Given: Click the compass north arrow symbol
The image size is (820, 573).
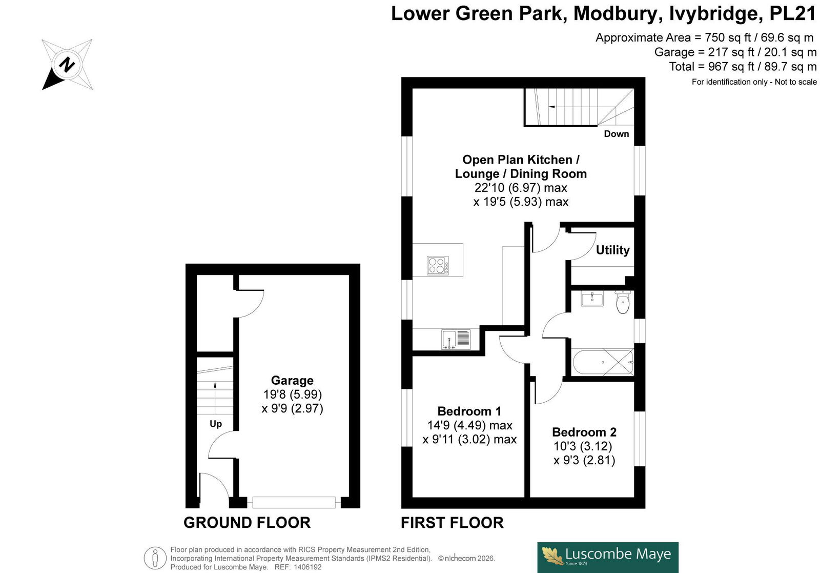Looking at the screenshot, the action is [x=67, y=65].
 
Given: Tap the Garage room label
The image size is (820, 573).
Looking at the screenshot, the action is [x=292, y=380].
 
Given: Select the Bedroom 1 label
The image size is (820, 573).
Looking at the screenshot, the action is [x=469, y=411].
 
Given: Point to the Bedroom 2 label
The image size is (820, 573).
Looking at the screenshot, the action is [x=584, y=432].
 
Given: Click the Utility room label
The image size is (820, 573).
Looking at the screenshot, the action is [x=613, y=250].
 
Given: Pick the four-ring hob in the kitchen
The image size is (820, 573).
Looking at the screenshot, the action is [x=438, y=265].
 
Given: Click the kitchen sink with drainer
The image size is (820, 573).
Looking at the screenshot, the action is [x=456, y=339].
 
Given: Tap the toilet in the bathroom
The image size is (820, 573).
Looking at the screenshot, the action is [x=622, y=302].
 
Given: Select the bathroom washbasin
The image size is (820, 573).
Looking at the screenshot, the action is [x=592, y=299].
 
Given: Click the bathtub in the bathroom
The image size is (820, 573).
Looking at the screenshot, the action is [x=603, y=362].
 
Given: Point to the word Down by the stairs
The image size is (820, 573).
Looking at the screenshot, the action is [x=617, y=134].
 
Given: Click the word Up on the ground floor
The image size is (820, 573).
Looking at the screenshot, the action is [x=216, y=424].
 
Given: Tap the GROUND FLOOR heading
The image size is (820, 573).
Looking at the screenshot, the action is [x=247, y=522].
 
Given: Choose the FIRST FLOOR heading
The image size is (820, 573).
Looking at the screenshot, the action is [x=452, y=522].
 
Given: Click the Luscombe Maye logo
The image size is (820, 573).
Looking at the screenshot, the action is [x=608, y=557].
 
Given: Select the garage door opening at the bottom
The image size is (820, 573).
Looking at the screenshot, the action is [x=294, y=502].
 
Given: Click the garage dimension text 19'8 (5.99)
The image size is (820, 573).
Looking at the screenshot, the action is [x=293, y=394].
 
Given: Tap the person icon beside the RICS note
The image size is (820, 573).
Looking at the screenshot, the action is [x=155, y=558].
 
